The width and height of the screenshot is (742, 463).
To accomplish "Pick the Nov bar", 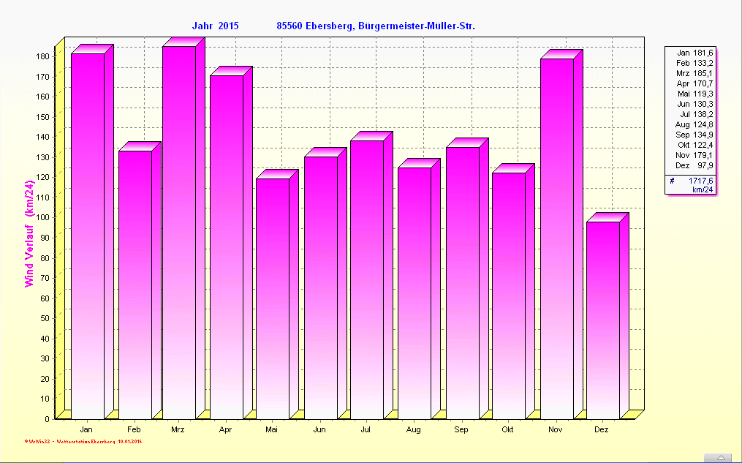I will coord(557,238).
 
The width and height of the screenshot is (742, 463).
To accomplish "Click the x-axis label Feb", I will coord(134,429).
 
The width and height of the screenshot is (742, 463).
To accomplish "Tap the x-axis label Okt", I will coord(507,429).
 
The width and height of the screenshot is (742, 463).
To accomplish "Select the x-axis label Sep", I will coord(461,429).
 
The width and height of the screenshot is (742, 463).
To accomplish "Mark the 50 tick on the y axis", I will coord(45,318).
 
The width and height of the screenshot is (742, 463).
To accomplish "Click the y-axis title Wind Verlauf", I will coord(30,233).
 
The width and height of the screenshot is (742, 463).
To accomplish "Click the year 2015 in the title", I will coord(228,26).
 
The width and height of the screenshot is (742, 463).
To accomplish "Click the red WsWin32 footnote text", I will coord(83,442).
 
